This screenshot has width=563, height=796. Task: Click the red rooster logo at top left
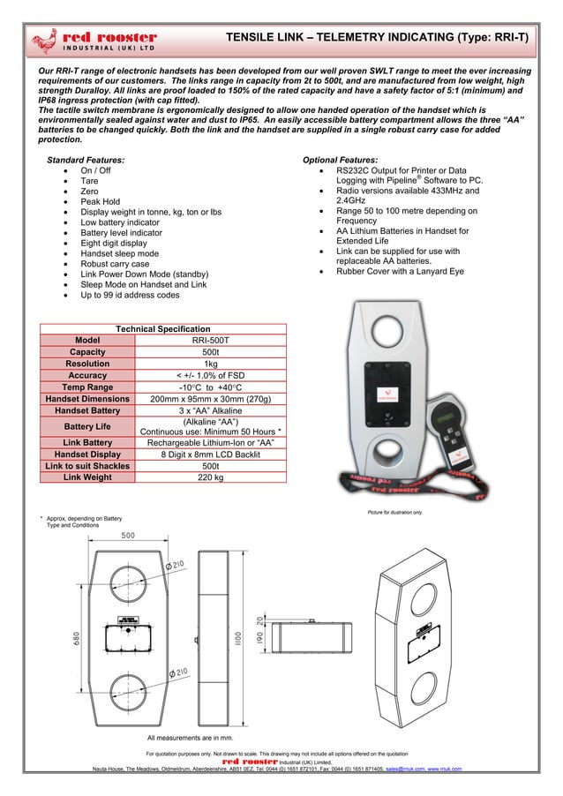[93, 41]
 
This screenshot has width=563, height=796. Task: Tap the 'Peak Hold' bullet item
[100, 202]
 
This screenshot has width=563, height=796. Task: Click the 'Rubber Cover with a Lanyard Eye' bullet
[400, 272]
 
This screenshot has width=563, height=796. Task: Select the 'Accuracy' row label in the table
[87, 375]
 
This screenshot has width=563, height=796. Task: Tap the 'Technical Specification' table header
[164, 328]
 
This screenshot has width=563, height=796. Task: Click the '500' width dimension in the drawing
[128, 536]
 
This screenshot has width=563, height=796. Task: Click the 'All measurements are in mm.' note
[190, 737]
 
